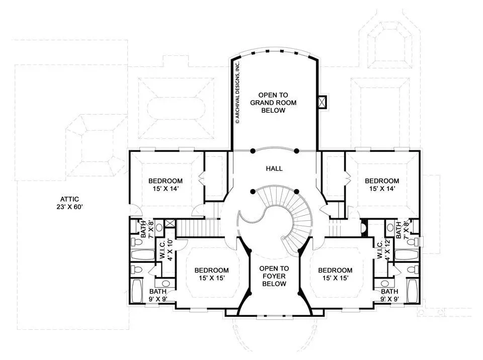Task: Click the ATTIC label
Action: tap(69, 199)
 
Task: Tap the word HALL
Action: tap(274, 168)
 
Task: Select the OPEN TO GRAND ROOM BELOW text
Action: tap(273, 103)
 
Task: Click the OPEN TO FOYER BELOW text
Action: tap(274, 276)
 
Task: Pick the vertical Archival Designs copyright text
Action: tap(237, 93)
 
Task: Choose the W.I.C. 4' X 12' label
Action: tap(382, 249)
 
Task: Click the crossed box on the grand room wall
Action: tap(322, 102)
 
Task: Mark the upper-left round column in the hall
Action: tap(253, 151)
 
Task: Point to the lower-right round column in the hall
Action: tap(296, 192)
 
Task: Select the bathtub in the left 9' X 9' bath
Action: tap(137, 291)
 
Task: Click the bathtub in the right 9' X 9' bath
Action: tap(412, 291)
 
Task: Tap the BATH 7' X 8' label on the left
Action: tap(147, 229)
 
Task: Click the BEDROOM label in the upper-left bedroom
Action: tap(166, 181)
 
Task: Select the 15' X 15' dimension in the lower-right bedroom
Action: tap(336, 278)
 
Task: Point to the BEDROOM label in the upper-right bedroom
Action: tap(382, 181)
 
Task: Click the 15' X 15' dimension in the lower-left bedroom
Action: tap(212, 278)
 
